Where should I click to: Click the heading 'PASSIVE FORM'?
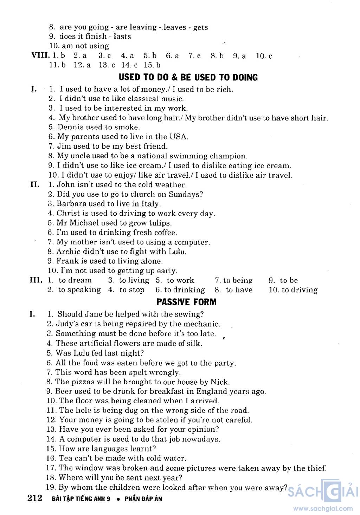point(186,302)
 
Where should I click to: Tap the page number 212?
point(35,498)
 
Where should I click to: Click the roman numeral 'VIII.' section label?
point(40,56)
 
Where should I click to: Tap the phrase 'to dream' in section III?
point(75,280)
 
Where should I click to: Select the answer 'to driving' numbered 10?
point(300,290)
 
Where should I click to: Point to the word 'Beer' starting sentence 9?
point(63,391)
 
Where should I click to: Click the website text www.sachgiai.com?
point(323,508)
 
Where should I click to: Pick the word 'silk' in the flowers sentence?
point(194,343)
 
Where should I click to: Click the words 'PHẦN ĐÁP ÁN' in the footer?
point(143,499)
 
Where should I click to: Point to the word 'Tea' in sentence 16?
point(65,458)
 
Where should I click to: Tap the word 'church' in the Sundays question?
point(142,194)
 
